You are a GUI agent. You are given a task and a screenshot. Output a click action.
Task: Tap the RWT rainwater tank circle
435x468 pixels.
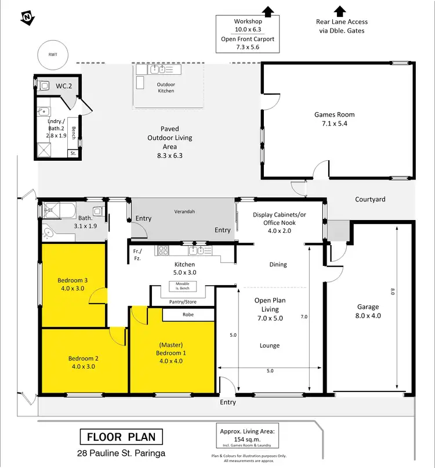click(x=53, y=55)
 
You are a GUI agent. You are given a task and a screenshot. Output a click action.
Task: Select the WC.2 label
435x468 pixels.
click(x=63, y=87)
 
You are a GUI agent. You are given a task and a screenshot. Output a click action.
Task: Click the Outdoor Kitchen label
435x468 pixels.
click(x=166, y=88)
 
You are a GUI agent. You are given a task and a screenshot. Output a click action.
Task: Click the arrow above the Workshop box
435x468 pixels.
click(x=267, y=10)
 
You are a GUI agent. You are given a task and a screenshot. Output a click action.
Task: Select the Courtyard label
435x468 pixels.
click(x=370, y=199)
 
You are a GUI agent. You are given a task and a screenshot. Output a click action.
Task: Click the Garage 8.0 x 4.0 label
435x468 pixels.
click(x=368, y=311)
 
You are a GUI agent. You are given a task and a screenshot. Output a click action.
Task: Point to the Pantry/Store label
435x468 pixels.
click(x=182, y=302)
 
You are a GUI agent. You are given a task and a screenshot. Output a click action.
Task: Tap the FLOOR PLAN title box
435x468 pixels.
click(x=121, y=437)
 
